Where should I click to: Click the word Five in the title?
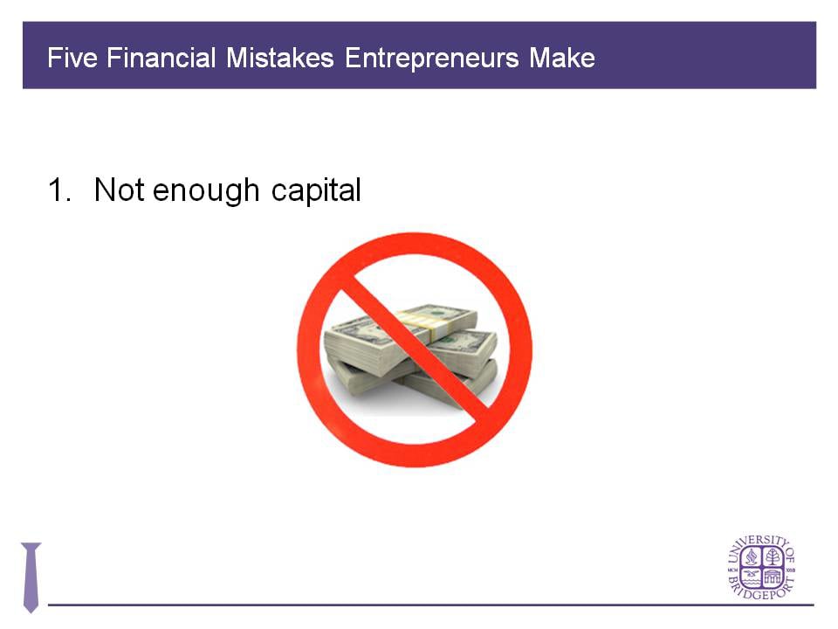pos(69,59)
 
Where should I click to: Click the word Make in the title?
pos(562,59)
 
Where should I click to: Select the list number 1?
pos(58,190)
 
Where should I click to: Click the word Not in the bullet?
pos(119,190)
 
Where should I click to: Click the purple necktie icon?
pos(31,577)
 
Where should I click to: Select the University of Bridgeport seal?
pos(761,567)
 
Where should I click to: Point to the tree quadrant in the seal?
pos(773,556)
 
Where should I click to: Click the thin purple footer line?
pos(436,604)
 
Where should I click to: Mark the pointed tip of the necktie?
pos(31,610)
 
